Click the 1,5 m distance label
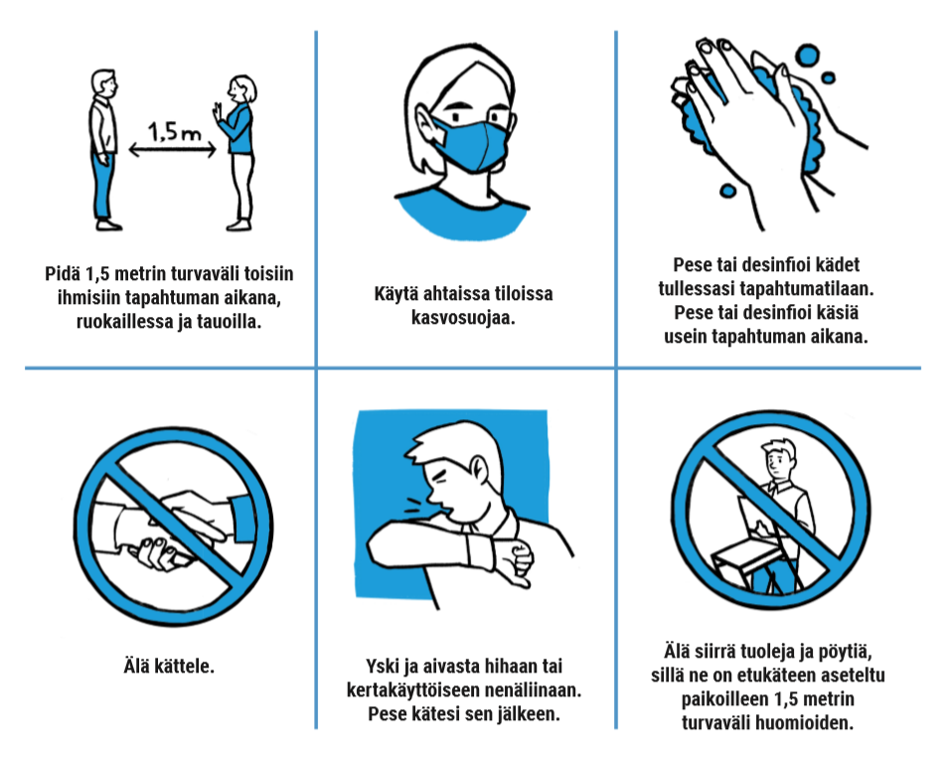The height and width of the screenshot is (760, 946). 174,131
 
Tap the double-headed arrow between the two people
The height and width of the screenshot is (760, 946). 173,149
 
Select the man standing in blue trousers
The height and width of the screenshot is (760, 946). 103,150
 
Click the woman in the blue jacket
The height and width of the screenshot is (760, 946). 237,153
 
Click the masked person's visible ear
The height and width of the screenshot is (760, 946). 426,128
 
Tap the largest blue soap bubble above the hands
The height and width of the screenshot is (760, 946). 807,56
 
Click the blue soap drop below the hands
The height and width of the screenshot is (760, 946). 728,191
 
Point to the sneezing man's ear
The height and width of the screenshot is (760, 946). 478,468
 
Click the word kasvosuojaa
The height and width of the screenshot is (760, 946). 463,317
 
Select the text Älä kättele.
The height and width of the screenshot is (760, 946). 169,666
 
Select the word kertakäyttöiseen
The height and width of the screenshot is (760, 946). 414,690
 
